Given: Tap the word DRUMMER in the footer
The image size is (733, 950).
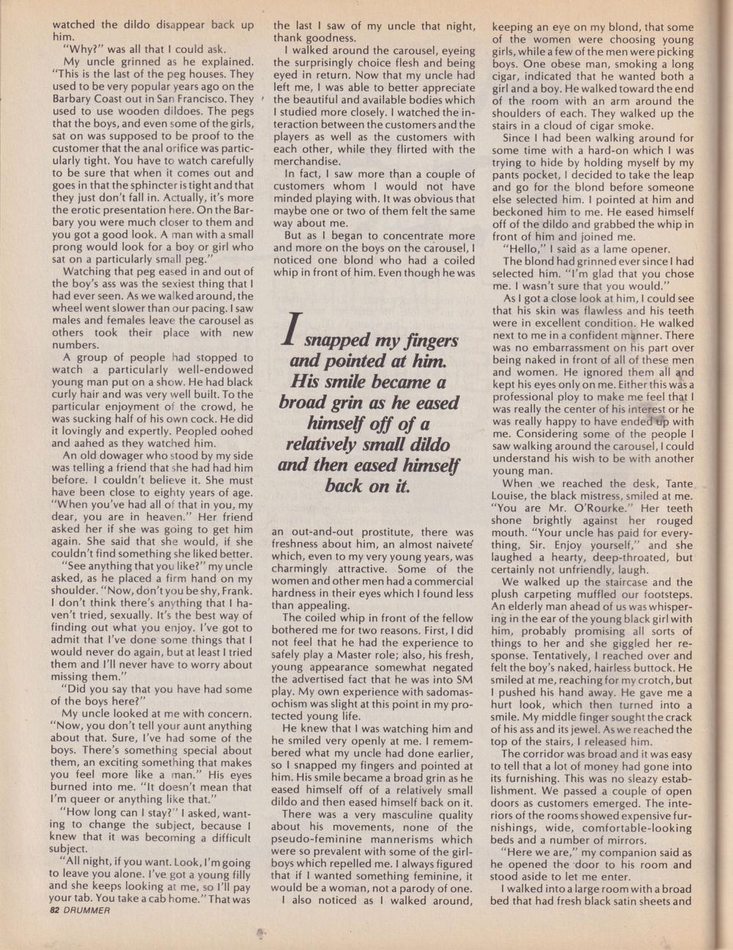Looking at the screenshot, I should pyautogui.click(x=88, y=910).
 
